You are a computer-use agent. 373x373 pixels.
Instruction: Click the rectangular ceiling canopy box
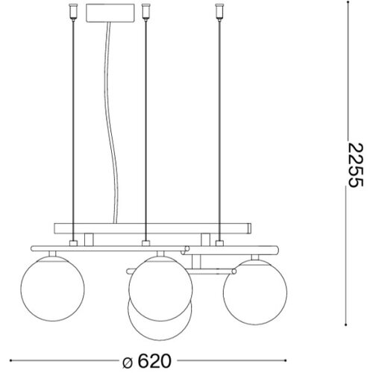click(110, 13)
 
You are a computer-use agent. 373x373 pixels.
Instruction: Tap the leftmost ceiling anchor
click(73, 12)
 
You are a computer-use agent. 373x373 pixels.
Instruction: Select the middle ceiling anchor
click(145, 12)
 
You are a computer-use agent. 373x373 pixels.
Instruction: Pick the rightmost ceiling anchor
click(219, 12)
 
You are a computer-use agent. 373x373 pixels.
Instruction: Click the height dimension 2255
click(355, 165)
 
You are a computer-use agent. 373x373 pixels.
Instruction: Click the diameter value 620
click(154, 361)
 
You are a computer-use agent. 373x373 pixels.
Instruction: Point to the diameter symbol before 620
click(128, 363)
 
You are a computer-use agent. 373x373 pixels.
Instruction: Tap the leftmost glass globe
click(52, 289)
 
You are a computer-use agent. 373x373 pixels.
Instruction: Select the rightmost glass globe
click(255, 292)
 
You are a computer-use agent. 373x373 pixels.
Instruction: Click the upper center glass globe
click(160, 289)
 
